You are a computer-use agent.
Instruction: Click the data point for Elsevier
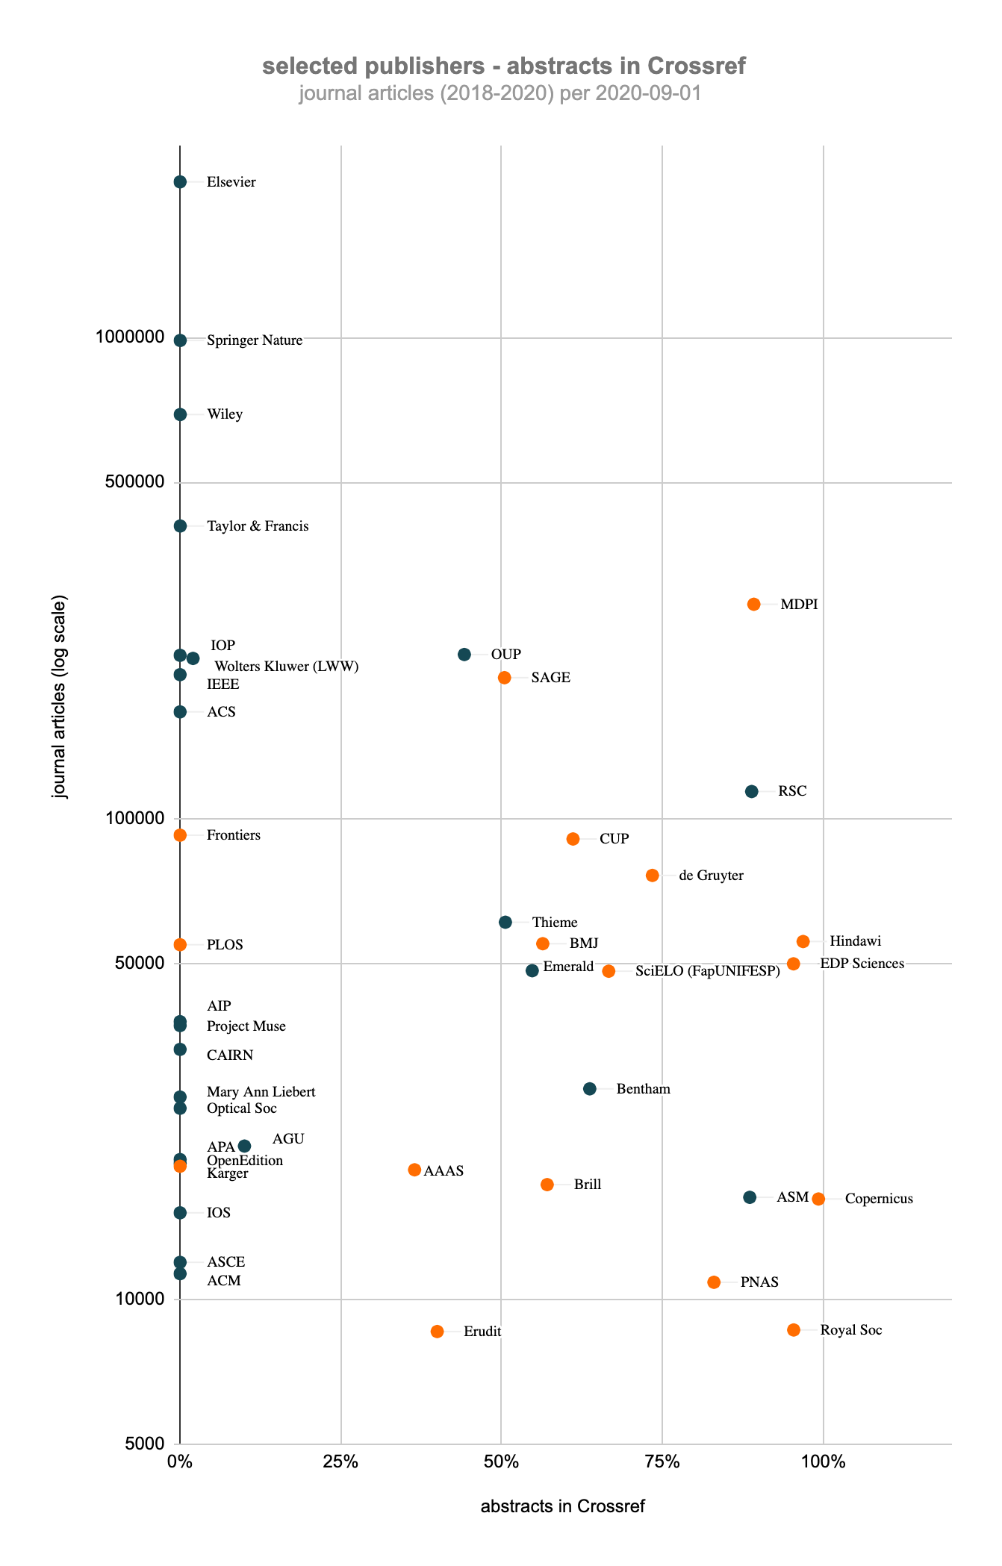[180, 182]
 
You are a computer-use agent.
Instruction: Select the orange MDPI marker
[753, 604]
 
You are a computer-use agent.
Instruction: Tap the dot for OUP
[464, 655]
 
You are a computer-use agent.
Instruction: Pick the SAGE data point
[504, 678]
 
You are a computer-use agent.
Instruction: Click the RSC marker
[751, 791]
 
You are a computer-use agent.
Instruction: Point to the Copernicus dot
[818, 1199]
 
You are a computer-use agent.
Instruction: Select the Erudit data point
[437, 1332]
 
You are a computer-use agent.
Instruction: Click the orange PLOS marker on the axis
[180, 945]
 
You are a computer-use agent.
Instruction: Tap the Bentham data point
[589, 1089]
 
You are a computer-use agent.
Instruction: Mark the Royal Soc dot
[794, 1330]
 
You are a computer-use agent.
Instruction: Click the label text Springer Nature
[254, 340]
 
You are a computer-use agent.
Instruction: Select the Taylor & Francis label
[257, 526]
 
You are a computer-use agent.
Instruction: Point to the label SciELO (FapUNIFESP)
[707, 971]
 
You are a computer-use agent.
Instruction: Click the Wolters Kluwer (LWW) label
[286, 667]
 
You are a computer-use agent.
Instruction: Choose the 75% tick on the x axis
[662, 1462]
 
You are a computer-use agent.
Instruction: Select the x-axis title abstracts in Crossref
[562, 1506]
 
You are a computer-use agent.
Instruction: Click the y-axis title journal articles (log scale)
[60, 696]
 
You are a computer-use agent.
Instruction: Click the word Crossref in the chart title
[696, 66]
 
